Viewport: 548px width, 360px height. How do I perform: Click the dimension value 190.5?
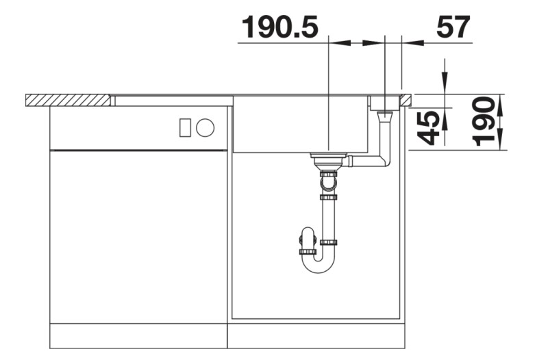click(x=279, y=27)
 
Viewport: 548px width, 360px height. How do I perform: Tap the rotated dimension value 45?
click(x=429, y=128)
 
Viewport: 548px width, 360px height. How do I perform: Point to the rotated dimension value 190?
click(x=484, y=122)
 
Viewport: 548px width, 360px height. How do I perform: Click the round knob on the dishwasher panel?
click(x=205, y=127)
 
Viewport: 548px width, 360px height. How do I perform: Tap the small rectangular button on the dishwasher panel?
click(x=185, y=127)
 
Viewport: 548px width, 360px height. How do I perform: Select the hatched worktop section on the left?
click(x=68, y=100)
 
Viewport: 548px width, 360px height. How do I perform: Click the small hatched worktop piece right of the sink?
click(x=406, y=100)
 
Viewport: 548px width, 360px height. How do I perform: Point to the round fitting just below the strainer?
click(x=328, y=183)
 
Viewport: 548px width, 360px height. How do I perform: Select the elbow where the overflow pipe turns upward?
click(x=384, y=161)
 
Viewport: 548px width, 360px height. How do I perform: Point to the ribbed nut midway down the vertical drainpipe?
click(x=329, y=197)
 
